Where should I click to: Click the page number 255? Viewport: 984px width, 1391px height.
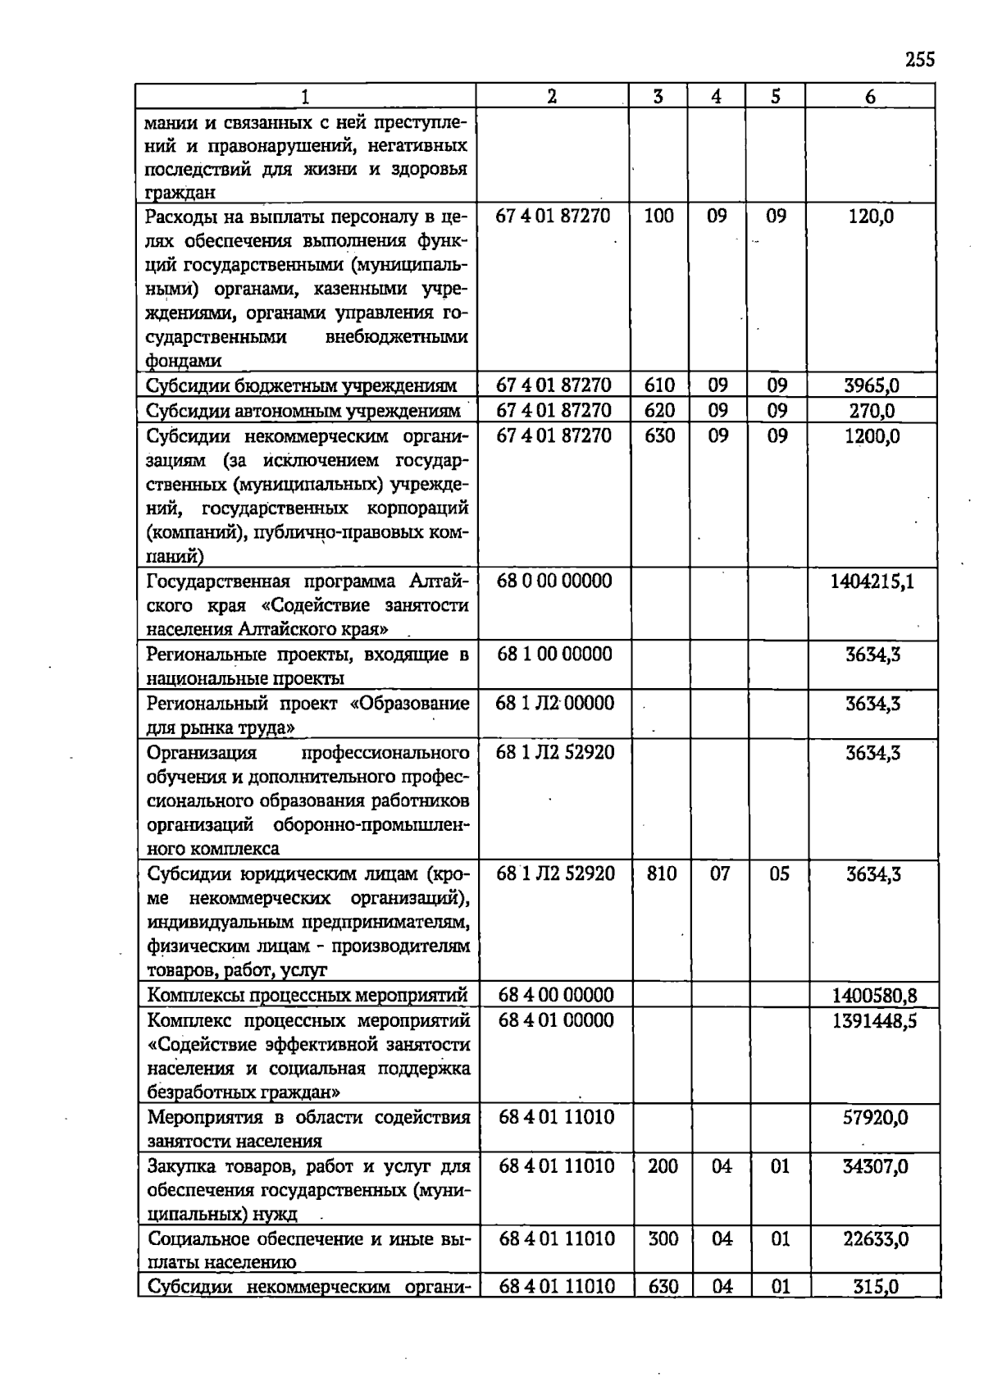coord(920,60)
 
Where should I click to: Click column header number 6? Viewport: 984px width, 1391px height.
coord(870,97)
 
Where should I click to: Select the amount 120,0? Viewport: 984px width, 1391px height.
coord(871,217)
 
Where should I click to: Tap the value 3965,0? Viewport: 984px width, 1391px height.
coord(872,385)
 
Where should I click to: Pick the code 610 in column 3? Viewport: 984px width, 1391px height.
coord(659,385)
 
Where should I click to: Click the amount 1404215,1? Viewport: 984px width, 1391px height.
coord(872,581)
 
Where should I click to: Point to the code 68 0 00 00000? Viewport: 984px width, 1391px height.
coord(554,581)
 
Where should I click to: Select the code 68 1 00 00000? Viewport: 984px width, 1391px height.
coord(554,654)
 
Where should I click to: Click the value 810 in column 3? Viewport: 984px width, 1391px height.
coord(661,874)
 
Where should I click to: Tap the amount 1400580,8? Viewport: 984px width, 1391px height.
coord(874,997)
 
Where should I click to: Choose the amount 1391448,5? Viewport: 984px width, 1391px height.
coord(874,1021)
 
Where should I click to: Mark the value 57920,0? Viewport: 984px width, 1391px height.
coord(875,1118)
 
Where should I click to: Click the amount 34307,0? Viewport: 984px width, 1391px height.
coord(875,1166)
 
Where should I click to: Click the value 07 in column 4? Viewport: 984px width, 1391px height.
coord(719,874)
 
